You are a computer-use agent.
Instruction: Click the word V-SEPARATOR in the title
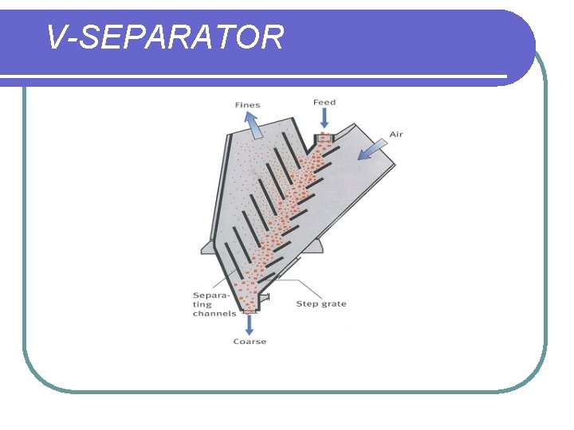click(164, 37)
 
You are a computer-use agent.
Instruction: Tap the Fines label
click(247, 105)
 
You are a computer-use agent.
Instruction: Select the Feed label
click(324, 103)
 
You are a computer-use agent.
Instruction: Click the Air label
click(395, 134)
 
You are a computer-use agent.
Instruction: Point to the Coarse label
click(250, 342)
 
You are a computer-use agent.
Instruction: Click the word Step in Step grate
click(308, 303)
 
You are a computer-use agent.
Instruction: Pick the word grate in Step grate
click(334, 304)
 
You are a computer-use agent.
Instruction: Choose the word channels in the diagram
click(214, 313)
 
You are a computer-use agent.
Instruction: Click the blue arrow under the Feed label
click(324, 119)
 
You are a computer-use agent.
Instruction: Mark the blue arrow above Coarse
click(250, 323)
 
